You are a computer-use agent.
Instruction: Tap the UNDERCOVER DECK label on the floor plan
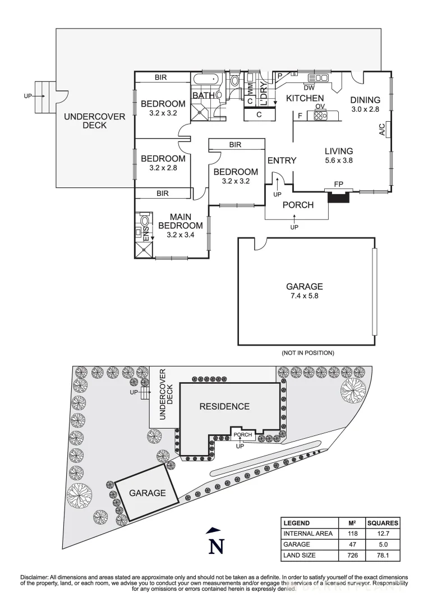click(85, 121)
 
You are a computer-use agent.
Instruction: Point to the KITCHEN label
click(305, 98)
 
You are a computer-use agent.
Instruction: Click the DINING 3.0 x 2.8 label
click(366, 104)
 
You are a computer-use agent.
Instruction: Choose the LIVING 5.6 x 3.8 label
click(339, 155)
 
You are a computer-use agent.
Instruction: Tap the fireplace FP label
click(338, 184)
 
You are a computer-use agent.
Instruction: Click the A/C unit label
click(382, 130)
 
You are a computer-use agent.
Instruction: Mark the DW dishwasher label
click(309, 87)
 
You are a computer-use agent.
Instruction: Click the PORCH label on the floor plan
click(297, 205)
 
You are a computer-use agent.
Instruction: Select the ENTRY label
click(282, 160)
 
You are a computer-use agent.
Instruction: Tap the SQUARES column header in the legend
click(383, 522)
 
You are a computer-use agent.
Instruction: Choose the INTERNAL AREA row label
click(308, 533)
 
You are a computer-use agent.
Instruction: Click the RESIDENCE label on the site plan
click(224, 406)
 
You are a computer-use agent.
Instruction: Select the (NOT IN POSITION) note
click(308, 353)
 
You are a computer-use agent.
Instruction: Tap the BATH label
click(203, 95)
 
